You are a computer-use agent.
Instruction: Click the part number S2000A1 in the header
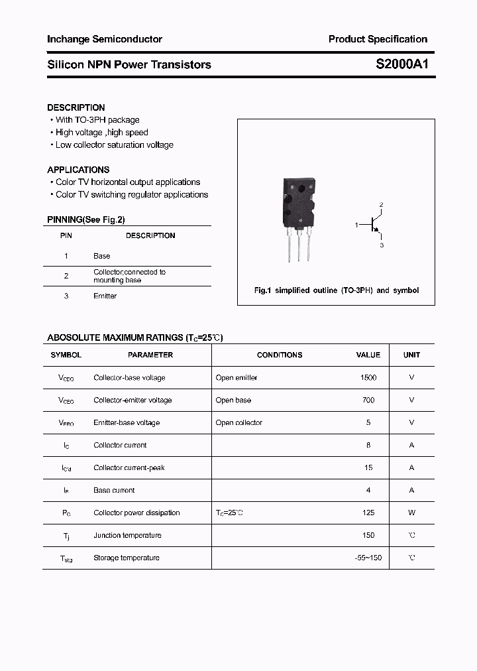(x=401, y=65)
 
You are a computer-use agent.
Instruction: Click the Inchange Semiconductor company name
(x=105, y=39)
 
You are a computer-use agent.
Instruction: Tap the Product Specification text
(x=378, y=39)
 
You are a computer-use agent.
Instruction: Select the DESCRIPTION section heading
(x=76, y=107)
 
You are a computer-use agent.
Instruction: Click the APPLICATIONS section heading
(x=78, y=170)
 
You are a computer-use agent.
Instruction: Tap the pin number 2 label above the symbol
(x=381, y=205)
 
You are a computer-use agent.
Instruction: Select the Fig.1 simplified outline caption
(x=337, y=290)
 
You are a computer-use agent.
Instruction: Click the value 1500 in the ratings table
(x=368, y=377)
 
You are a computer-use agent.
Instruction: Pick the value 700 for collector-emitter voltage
(x=368, y=400)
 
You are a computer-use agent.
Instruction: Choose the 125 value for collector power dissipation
(x=368, y=513)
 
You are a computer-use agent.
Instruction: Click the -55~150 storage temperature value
(x=368, y=558)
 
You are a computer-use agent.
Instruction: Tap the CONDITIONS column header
(x=280, y=355)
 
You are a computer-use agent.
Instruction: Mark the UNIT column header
(x=411, y=355)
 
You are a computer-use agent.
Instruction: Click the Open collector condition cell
(x=239, y=422)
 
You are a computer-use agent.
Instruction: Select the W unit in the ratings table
(x=411, y=513)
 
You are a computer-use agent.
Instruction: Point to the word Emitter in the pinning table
(x=105, y=296)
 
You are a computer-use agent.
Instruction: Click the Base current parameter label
(x=114, y=490)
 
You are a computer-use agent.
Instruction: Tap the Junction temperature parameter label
(x=127, y=535)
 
